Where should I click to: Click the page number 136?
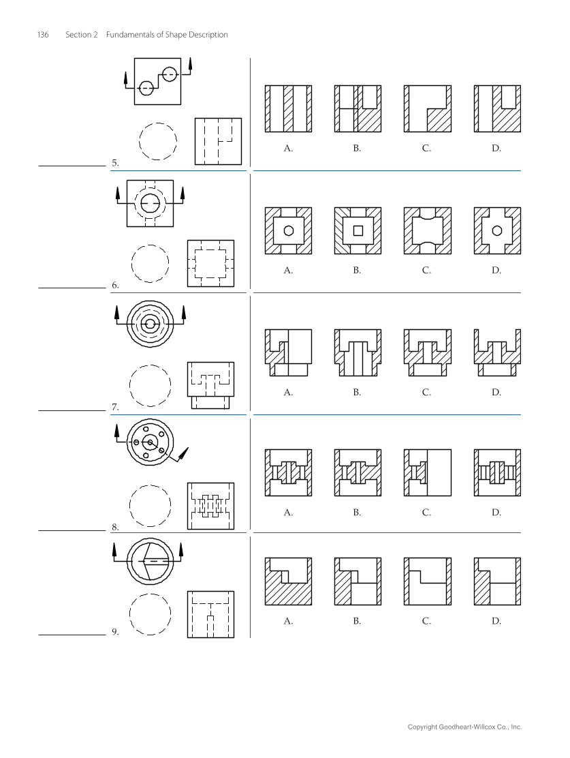42,35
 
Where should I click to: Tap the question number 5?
115,164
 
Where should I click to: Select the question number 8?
115,527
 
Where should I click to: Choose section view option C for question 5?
427,108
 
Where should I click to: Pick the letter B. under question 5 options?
357,147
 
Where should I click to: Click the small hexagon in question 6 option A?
289,230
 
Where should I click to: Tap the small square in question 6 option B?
358,230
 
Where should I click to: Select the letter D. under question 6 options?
496,271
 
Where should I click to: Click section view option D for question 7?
496,352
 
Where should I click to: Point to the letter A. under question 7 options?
288,393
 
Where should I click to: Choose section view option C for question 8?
427,472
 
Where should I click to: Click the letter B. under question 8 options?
357,513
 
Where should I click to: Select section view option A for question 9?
289,581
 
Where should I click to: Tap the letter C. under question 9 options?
426,622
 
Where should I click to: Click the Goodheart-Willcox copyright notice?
464,727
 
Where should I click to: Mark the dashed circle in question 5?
157,140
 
